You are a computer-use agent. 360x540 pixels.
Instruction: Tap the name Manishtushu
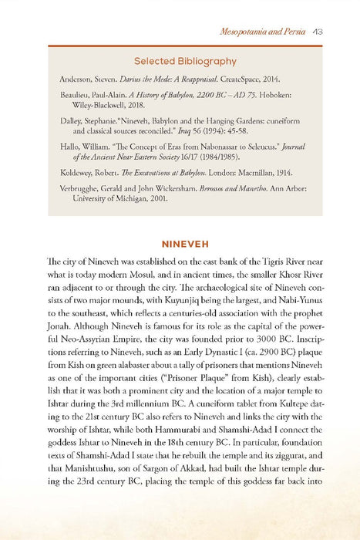click(89, 474)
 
